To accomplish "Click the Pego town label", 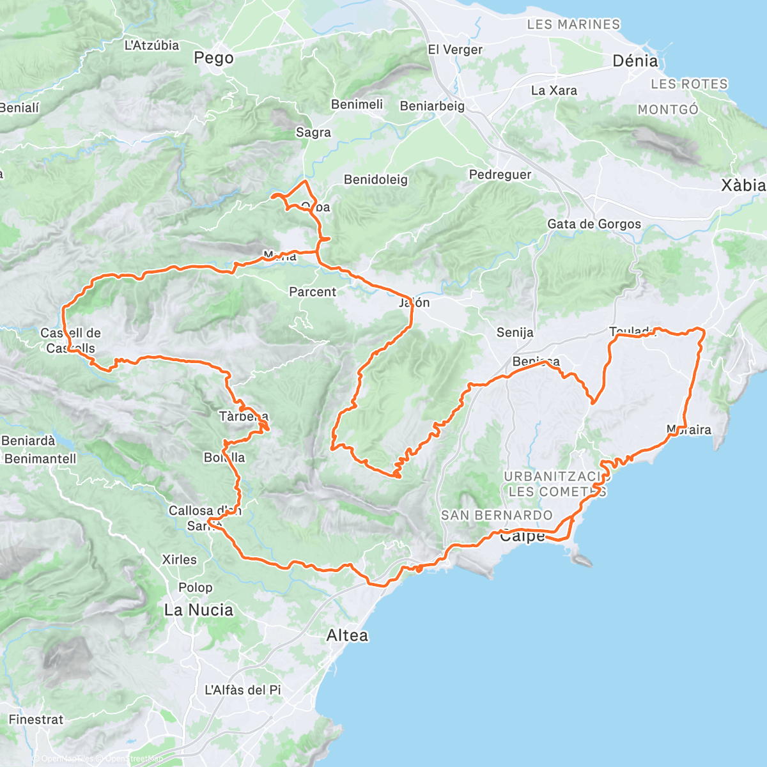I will (213, 58).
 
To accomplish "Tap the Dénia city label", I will (635, 61).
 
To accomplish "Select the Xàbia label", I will (743, 185).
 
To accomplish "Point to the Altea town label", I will (347, 635).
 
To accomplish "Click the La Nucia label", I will (198, 610).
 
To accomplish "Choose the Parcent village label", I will (312, 292).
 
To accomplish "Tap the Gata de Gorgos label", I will (594, 224).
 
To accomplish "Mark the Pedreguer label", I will (500, 174).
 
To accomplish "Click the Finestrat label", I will (36, 719).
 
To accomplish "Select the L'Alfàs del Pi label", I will (243, 690).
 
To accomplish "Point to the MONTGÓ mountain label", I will (668, 110).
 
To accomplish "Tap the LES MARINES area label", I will (573, 24).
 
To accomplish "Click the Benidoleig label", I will (375, 180).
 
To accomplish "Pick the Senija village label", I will (515, 332).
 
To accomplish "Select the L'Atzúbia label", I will (151, 45).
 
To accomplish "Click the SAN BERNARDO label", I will (497, 515).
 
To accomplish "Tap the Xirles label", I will (179, 559).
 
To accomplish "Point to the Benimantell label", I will (40, 458).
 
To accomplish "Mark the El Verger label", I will (455, 50).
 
